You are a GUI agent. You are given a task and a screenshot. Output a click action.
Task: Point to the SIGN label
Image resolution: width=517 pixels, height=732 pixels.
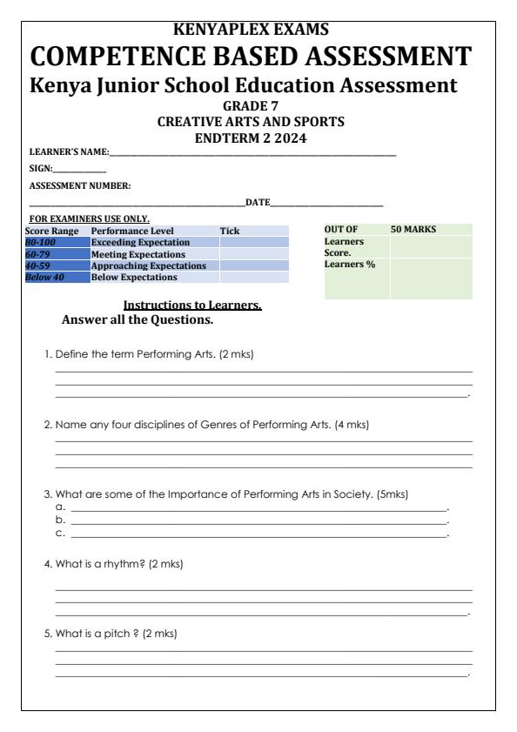click(40, 169)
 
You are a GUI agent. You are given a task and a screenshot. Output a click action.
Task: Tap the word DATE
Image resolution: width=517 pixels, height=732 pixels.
click(258, 203)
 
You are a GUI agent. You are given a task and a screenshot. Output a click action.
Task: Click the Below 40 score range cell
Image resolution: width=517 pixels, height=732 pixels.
click(45, 278)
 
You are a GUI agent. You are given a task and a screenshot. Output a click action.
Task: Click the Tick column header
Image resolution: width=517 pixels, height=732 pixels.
click(229, 231)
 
